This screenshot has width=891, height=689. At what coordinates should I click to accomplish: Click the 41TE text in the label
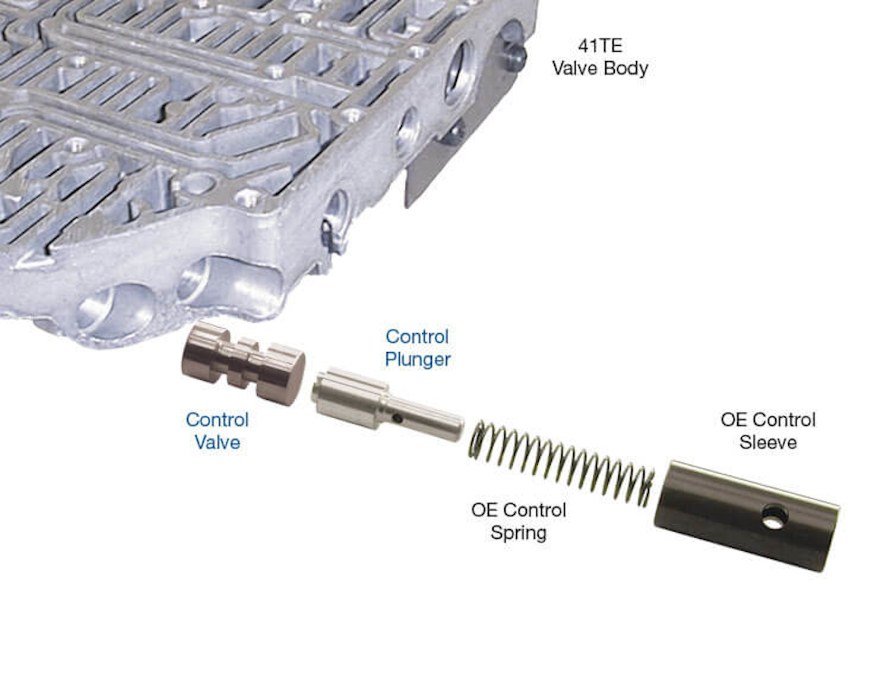pos(600,46)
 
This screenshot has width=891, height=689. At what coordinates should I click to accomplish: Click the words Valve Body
pos(600,68)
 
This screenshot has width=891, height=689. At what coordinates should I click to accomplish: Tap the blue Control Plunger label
pos(418,347)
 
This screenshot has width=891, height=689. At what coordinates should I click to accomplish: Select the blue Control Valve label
pos(217,431)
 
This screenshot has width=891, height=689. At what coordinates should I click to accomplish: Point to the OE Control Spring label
pos(519,521)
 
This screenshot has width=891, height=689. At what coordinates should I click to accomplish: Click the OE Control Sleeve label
pos(767,431)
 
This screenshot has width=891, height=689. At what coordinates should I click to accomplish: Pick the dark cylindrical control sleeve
pos(745,514)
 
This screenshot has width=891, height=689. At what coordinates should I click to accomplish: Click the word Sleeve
pos(767,443)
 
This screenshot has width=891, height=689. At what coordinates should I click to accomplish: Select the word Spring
pos(519,532)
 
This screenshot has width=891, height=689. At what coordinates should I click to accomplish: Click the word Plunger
pos(418,359)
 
